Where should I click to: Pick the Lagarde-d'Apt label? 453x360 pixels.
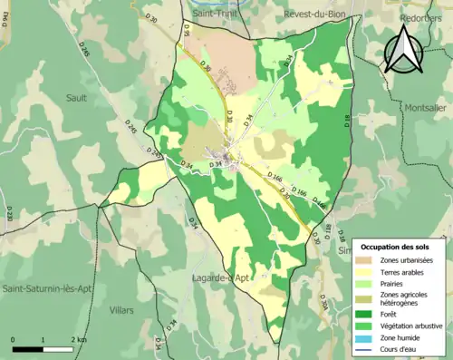tap(222, 277)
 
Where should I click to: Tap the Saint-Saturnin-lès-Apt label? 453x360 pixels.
tap(45, 287)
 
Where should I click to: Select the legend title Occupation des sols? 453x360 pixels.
tap(399, 247)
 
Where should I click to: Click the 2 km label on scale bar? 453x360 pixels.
tap(80, 339)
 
